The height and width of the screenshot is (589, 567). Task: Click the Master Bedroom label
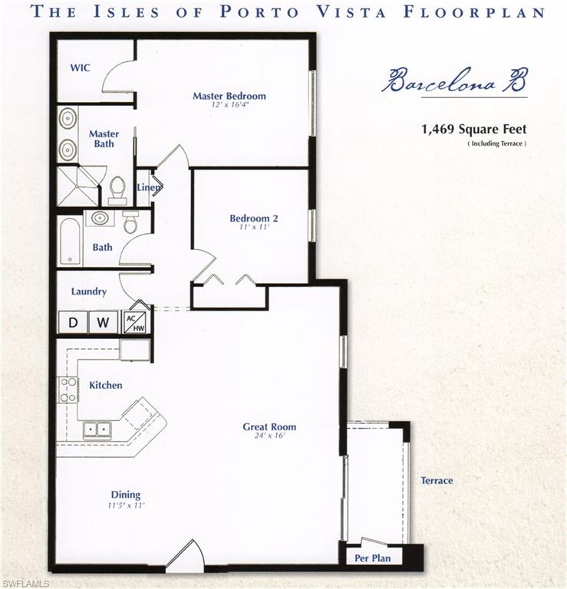point(229,96)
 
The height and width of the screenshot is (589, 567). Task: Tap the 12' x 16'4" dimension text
point(229,105)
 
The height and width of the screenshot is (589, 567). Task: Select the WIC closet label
point(81,67)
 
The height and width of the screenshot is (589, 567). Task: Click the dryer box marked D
point(73,322)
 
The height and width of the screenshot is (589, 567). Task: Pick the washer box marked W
point(103,322)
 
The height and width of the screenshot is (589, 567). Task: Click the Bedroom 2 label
point(254,219)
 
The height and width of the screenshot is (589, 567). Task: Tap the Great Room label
point(269,427)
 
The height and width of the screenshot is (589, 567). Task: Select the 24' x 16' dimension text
point(269,436)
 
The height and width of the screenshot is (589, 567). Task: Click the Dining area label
point(125,495)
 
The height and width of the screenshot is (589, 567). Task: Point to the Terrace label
point(437,481)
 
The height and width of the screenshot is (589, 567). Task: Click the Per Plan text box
point(372,558)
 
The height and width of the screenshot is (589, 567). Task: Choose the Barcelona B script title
point(454,80)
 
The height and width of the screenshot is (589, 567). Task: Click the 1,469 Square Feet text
point(473,130)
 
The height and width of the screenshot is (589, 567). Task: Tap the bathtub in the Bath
point(70,241)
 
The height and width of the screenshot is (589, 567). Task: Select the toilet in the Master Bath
point(117,189)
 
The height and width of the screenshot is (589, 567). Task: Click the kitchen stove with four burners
point(68,390)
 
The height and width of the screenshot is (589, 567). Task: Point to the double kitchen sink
point(96,429)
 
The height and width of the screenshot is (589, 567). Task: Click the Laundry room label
point(89,291)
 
